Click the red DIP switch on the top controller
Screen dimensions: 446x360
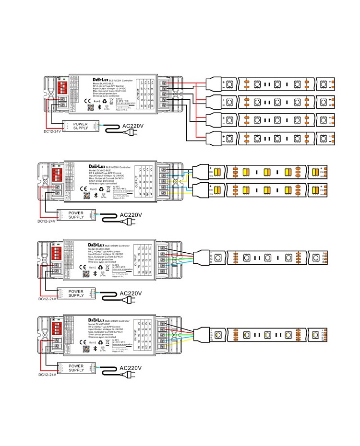point(62,87)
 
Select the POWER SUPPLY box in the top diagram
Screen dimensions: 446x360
point(81,127)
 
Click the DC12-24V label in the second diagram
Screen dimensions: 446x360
point(47,221)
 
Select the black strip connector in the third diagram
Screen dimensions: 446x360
point(200,258)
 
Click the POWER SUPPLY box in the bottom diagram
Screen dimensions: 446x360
point(76,368)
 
